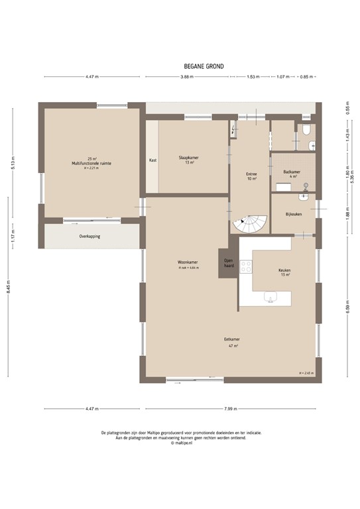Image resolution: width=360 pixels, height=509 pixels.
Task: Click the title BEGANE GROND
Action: click(x=204, y=66)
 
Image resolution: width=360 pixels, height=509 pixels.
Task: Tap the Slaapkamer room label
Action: click(x=188, y=158)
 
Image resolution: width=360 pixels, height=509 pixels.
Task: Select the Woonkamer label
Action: click(x=188, y=262)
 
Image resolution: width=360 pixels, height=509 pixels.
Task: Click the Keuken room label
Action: click(x=284, y=270)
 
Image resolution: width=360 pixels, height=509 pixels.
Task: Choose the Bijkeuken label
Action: click(x=294, y=214)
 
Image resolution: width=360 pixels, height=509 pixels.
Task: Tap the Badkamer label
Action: click(x=292, y=172)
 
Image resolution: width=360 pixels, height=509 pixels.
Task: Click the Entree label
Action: click(x=251, y=174)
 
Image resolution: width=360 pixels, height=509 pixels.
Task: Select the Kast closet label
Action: click(x=152, y=160)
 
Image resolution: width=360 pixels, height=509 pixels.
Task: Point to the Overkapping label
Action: click(x=90, y=236)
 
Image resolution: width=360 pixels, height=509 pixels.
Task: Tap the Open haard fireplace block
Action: click(x=228, y=262)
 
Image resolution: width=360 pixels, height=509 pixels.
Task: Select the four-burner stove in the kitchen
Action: click(x=246, y=266)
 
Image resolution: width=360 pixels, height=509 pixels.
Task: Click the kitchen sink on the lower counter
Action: click(x=271, y=298)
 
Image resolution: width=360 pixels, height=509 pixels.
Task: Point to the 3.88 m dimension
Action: click(x=186, y=77)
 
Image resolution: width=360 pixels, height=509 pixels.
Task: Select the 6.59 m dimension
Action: click(x=347, y=308)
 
